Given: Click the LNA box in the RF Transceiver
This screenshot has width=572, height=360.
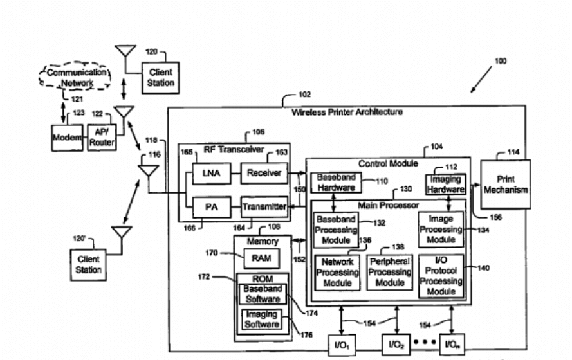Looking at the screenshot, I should click(x=208, y=173).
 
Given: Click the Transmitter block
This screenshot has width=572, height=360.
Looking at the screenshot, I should click(x=264, y=207).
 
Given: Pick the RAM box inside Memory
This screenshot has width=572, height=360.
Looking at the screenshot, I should click(x=261, y=258).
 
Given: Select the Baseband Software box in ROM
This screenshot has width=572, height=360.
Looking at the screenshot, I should click(x=262, y=294).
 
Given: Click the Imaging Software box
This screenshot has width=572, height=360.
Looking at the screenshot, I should click(x=262, y=319).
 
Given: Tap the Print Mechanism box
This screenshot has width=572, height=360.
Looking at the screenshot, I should click(x=506, y=184).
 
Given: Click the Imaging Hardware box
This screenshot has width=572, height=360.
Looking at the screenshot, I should click(x=445, y=184).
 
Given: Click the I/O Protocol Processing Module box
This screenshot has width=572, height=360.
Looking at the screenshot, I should click(x=441, y=276).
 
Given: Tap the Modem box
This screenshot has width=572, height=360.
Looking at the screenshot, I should click(x=67, y=136).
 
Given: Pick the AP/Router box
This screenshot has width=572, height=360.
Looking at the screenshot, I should click(x=102, y=136).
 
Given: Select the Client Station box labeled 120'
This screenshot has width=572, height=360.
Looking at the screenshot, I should click(x=89, y=264).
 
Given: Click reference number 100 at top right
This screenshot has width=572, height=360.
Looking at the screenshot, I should click(x=500, y=62).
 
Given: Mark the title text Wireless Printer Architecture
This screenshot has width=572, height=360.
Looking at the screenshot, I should click(x=347, y=112).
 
